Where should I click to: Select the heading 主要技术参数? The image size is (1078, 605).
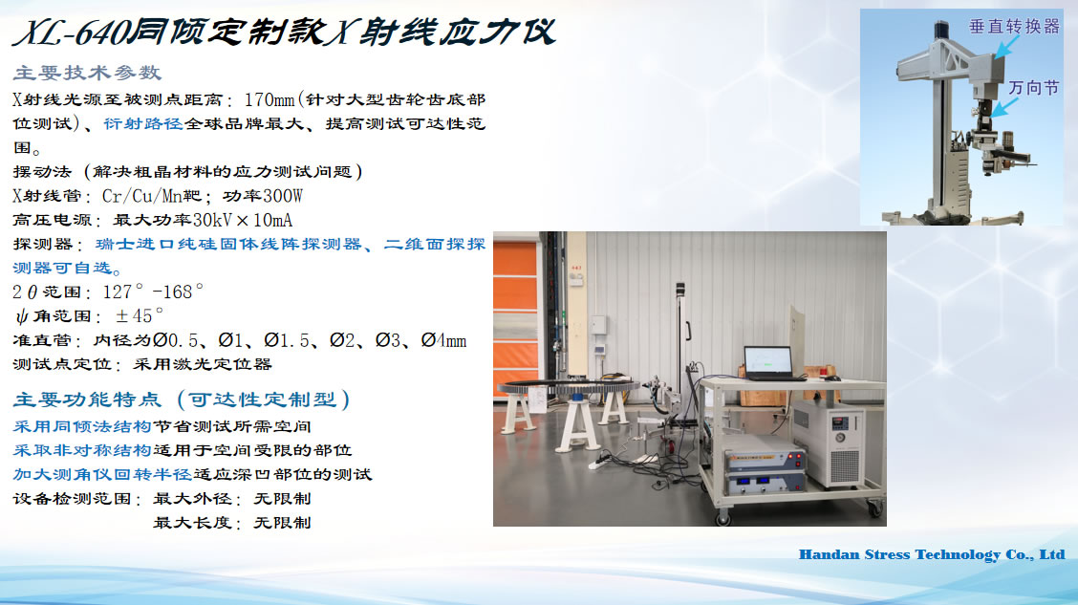coord(87,73)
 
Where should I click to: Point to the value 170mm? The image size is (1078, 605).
coord(269,99)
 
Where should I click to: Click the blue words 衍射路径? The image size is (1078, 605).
coord(143,123)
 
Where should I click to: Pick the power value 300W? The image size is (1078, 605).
coord(282,196)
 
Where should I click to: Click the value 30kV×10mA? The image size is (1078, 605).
coord(242,220)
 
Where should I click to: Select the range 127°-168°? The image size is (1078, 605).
coord(153,292)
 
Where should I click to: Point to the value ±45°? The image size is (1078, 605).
coord(140,315)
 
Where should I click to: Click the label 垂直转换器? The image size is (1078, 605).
coord(1014,27)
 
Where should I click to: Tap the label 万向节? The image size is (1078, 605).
coord(1033,88)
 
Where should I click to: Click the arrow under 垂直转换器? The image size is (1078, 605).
coord(1007,47)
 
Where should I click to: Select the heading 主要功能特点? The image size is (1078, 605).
coord(87,400)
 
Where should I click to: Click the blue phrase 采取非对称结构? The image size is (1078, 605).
coord(82,450)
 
